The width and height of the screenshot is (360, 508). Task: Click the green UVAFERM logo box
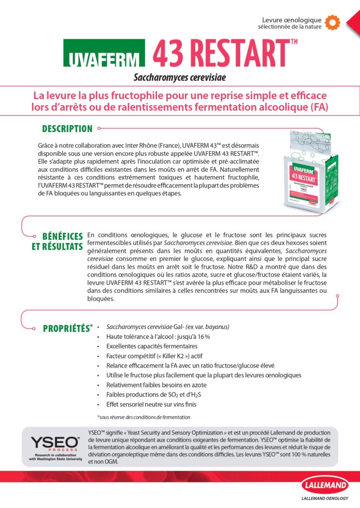coord(104,54)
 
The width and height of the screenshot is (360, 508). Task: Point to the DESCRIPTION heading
coord(67,129)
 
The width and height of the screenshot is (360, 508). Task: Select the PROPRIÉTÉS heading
coord(66,328)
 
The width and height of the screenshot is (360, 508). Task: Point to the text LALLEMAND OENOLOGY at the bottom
coord(325,500)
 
